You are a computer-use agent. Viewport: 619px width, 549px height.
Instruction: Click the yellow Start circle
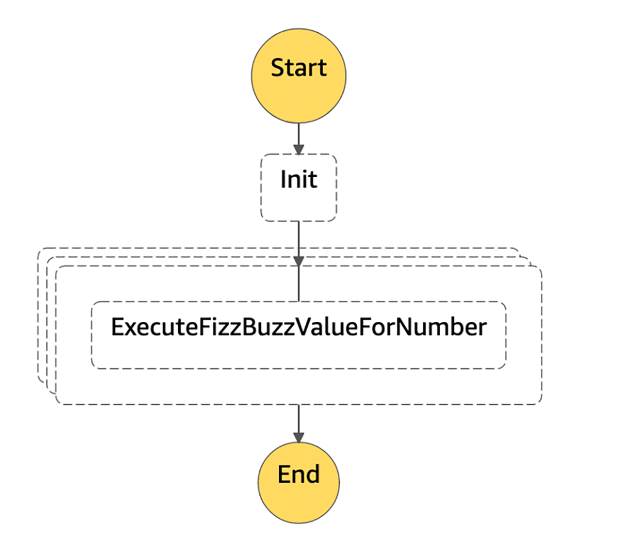[x=298, y=76]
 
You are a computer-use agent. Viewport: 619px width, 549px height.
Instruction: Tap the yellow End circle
[x=298, y=483]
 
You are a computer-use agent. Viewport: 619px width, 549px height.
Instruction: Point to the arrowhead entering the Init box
[x=298, y=149]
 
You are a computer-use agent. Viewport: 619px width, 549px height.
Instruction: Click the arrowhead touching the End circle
[x=298, y=438]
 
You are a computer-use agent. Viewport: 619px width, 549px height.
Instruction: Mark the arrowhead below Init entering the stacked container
[x=298, y=261]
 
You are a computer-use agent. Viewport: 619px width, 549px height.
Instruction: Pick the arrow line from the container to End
[x=298, y=423]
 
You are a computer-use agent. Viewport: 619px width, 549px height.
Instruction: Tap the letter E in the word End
[x=284, y=474]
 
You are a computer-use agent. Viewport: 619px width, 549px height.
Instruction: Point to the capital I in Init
[x=283, y=179]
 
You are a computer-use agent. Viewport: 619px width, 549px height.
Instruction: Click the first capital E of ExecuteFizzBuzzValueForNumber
[x=117, y=327]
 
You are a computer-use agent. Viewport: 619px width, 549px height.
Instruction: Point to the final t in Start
[x=322, y=69]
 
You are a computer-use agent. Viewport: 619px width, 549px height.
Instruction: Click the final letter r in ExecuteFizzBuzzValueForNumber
[x=482, y=329]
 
